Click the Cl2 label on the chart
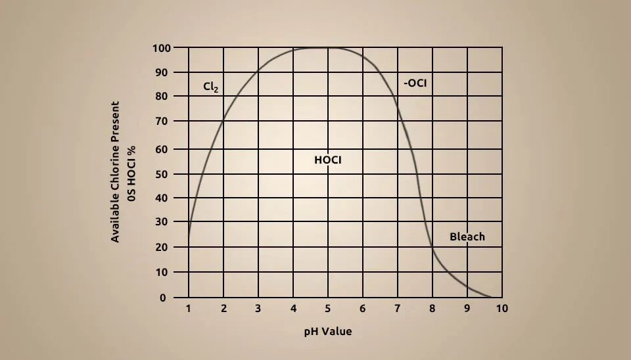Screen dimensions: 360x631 211,86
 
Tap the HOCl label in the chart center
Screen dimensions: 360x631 328,160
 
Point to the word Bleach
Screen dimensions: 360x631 467,236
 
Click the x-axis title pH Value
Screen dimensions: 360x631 327,331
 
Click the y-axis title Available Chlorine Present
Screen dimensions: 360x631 116,171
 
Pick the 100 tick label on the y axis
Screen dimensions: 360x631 162,48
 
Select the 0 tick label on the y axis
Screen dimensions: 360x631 162,298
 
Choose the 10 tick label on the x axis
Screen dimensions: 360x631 502,308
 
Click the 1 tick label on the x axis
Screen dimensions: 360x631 189,308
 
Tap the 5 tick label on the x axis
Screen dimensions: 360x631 327,308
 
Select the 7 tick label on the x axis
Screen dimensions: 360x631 397,308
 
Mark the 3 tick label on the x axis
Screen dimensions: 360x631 258,308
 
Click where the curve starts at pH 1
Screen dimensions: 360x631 189,234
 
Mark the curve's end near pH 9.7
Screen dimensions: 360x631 490,298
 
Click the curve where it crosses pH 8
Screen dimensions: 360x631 432,246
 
